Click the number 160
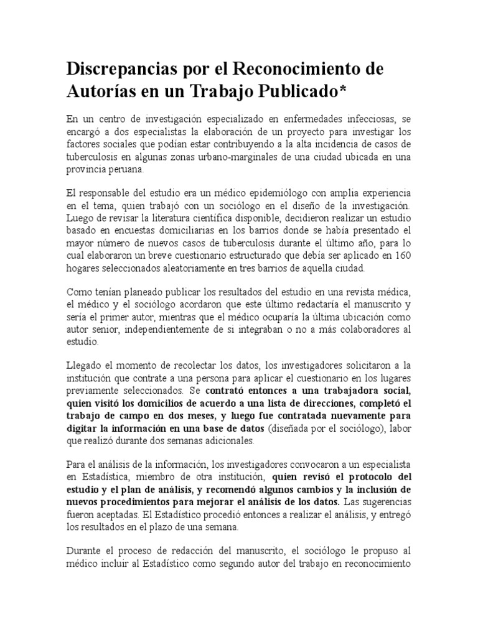click(x=403, y=256)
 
